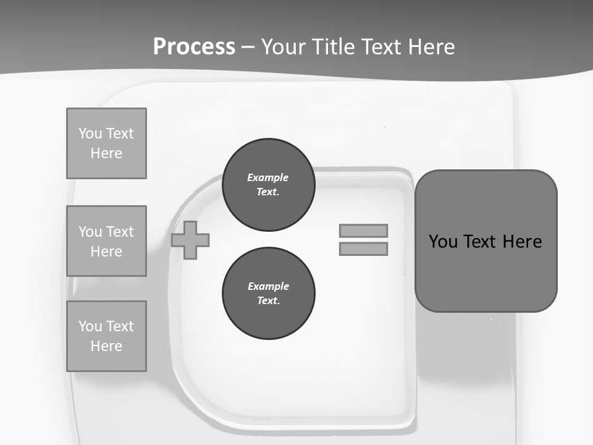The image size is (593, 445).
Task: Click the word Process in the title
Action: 194,47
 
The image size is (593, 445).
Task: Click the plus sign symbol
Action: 190,240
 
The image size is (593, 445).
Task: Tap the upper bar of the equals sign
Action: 363,231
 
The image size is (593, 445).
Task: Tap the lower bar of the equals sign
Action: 363,248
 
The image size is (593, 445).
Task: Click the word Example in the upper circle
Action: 267,177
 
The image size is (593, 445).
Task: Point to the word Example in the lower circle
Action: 268,286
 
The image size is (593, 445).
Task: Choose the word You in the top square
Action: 90,133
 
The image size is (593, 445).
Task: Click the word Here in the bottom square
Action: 106,346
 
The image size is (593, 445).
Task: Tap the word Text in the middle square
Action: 119,232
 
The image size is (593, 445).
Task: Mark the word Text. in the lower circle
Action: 268,301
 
